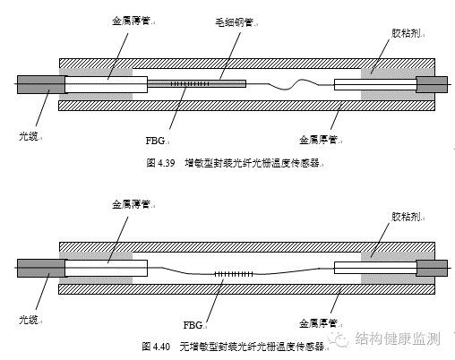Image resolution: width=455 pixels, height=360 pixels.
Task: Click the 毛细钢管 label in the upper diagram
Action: pos(234,22)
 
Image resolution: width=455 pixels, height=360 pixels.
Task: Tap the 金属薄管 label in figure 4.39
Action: pos(131,21)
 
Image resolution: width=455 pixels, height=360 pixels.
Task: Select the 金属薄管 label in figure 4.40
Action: pos(131,204)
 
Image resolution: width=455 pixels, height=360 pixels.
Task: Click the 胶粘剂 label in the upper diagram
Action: pos(406,33)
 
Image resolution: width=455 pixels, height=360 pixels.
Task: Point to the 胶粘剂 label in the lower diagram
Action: pos(406,217)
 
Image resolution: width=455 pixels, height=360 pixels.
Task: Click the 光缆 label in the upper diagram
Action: pos(29,136)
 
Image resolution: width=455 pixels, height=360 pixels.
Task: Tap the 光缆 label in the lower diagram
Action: pos(29,320)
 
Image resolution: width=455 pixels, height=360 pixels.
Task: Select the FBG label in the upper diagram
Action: pos(155,141)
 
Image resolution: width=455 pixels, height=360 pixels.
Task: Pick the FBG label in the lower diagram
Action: pos(193,325)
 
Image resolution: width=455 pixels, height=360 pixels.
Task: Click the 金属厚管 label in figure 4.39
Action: pos(318,140)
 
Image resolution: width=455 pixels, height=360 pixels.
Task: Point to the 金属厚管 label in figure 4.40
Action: pos(318,323)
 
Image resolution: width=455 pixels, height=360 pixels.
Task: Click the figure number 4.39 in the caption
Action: pos(165,163)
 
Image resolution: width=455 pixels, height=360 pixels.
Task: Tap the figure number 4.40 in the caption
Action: pos(161,347)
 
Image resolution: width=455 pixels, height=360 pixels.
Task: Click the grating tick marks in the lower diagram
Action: pos(234,274)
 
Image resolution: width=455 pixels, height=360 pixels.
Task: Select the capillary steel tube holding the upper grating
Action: pos(197,83)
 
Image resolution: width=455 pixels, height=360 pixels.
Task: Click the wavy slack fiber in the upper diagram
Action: pos(293,84)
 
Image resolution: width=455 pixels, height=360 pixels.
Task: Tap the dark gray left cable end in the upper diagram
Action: pos(41,84)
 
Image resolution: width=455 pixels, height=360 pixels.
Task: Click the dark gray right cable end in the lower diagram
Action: pos(432,268)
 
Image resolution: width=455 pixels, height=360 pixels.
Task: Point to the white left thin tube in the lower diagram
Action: pos(106,268)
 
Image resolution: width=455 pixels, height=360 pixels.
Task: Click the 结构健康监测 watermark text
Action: pos(398,339)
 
